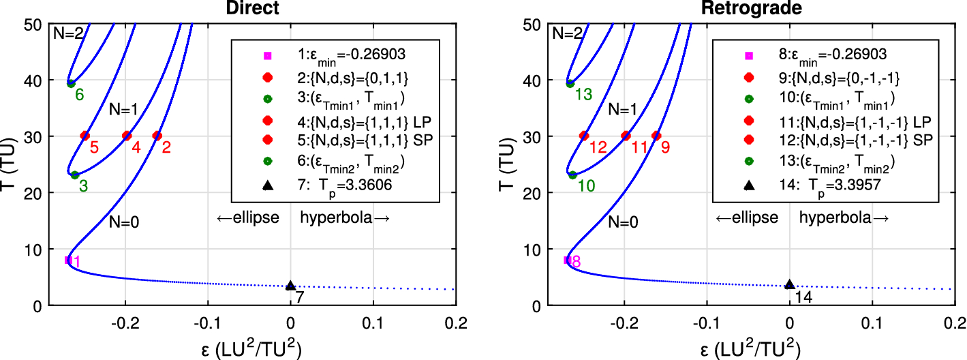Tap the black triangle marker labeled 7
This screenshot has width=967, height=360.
290,286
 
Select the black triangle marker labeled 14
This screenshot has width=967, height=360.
790,286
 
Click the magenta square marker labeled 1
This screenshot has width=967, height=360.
68,260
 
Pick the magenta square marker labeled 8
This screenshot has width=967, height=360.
568,260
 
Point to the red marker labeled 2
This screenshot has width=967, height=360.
157,136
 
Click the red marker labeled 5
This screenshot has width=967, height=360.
85,136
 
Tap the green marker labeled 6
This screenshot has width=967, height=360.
71,83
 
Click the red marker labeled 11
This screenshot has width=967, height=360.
626,136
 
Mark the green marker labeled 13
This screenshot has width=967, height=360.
570,83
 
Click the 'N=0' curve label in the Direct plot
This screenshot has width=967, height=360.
126,222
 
